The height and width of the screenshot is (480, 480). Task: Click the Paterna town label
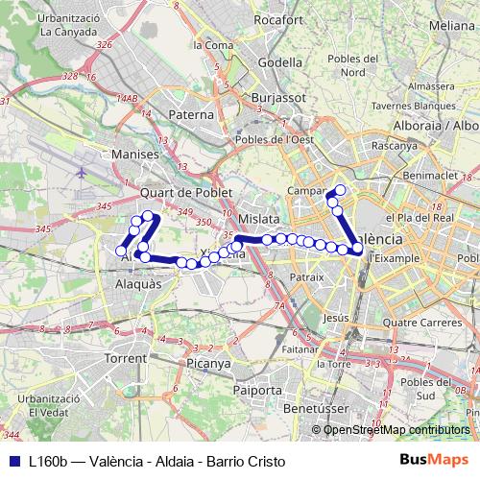pos(190,114)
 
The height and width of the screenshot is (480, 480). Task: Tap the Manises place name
pos(132,154)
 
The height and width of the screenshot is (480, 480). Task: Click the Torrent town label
pos(127,357)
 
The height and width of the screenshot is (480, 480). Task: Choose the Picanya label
pos(209,364)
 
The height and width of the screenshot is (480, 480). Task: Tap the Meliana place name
pos(454,25)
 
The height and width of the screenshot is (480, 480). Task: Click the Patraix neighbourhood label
pos(307,276)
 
